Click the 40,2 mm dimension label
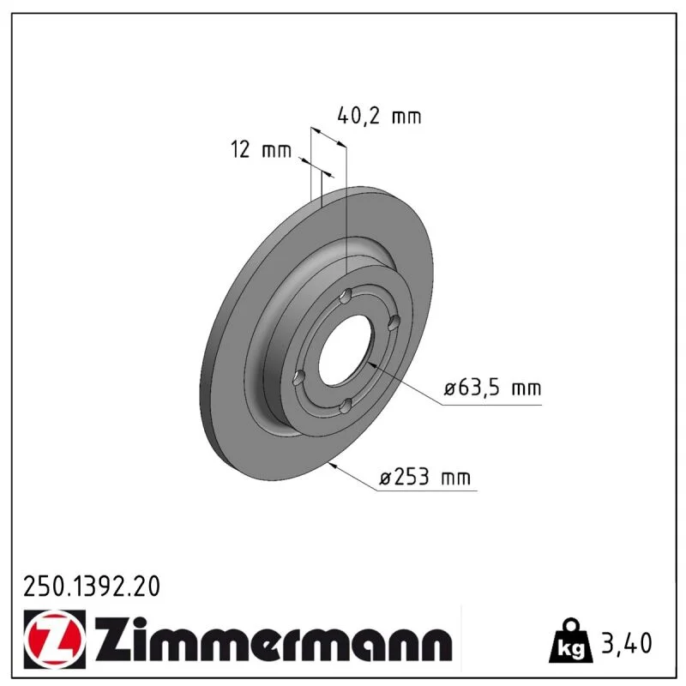(379, 116)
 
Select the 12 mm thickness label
(261, 150)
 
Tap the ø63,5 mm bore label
(492, 388)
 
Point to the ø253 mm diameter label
(424, 477)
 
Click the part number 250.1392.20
(92, 587)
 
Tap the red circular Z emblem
(55, 639)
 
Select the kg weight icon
(571, 640)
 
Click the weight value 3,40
(627, 643)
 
